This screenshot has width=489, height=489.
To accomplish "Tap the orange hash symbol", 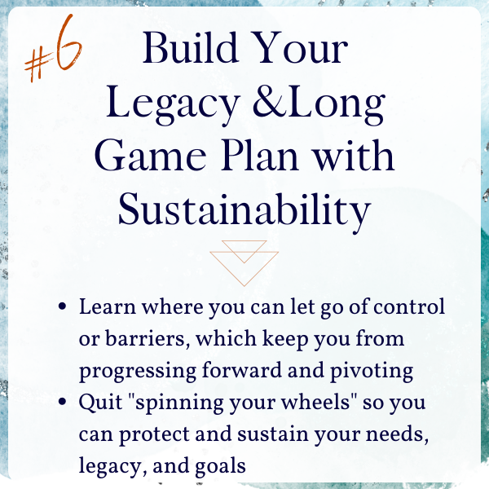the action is (38, 66).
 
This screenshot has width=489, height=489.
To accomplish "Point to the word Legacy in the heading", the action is (173, 104).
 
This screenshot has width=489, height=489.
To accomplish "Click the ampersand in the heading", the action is (270, 101).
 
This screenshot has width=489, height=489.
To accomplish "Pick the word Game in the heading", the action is (150, 156).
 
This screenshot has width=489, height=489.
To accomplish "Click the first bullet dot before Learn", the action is (63, 306).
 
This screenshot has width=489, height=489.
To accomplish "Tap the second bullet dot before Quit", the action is (63, 402).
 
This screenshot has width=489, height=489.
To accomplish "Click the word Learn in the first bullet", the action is (108, 306).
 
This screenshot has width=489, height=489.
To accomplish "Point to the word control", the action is (409, 306).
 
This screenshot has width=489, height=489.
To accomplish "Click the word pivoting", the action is (372, 372).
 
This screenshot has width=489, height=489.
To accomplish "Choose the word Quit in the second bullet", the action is (100, 403).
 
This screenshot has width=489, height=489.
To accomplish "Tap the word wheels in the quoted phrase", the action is (315, 402).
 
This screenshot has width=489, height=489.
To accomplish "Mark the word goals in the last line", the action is (220, 467).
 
